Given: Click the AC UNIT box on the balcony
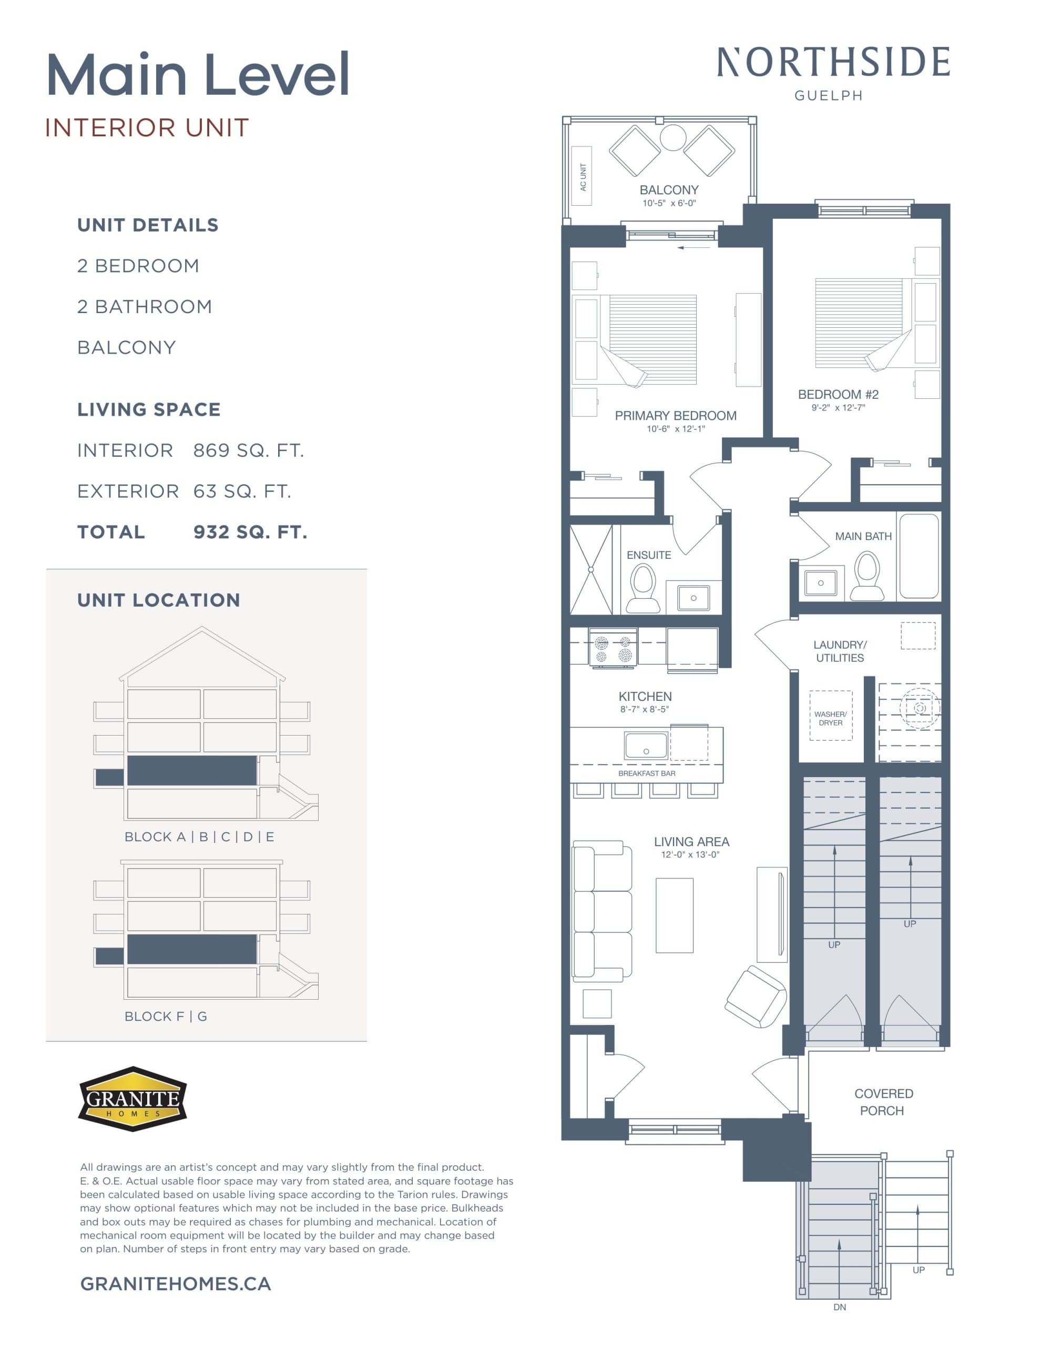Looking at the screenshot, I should (x=582, y=176).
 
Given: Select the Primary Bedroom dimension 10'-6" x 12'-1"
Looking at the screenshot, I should (x=675, y=429).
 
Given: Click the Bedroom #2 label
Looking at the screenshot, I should (x=838, y=394).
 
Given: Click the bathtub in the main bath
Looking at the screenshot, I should (x=918, y=556).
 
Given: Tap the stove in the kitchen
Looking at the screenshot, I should (x=612, y=648).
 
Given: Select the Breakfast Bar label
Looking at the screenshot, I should (x=646, y=773).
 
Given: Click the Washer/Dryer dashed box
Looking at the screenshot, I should (x=830, y=716).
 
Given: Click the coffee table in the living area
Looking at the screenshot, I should (x=674, y=915).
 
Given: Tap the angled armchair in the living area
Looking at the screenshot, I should (x=755, y=997).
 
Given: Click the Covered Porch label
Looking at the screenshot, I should (x=883, y=1101).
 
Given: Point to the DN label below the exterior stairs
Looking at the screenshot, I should (x=839, y=1307).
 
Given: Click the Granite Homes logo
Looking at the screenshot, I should (x=132, y=1099).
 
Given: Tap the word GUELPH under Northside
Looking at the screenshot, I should (x=828, y=96).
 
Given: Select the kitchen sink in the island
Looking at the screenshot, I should (x=646, y=746).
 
